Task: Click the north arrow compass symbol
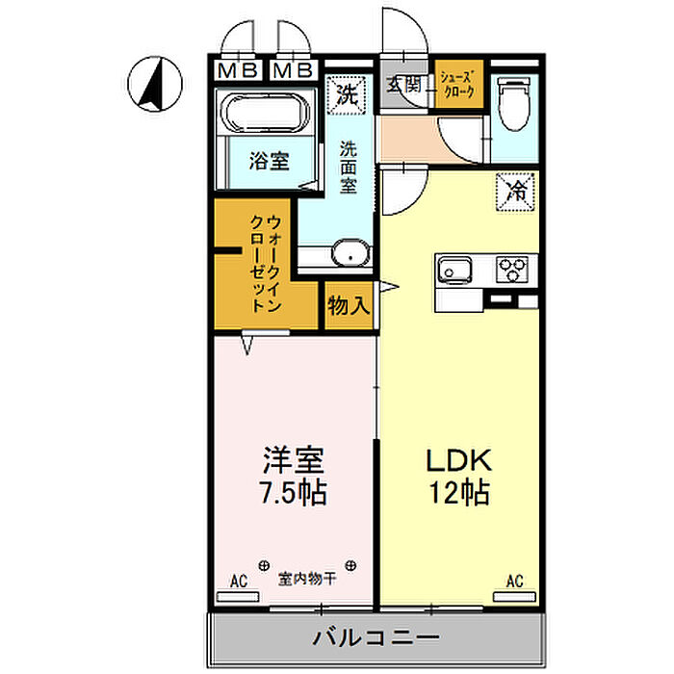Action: (155, 84)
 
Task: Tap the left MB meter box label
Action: (238, 70)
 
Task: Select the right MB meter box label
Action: (293, 70)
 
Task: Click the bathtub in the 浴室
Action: (266, 112)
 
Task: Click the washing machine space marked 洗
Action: (346, 95)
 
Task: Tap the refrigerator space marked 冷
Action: (515, 192)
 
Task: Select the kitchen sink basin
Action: (454, 271)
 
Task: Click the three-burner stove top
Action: (512, 270)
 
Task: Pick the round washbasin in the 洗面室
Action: (350, 253)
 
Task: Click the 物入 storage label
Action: (349, 305)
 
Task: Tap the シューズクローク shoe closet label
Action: (458, 85)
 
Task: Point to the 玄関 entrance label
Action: (404, 85)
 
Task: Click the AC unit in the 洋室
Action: (238, 597)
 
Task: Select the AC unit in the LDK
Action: (514, 597)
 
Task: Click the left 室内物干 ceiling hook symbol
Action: (264, 565)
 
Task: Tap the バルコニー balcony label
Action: (376, 637)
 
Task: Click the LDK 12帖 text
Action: (459, 476)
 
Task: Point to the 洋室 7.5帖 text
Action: (293, 476)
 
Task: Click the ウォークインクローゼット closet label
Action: (266, 264)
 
